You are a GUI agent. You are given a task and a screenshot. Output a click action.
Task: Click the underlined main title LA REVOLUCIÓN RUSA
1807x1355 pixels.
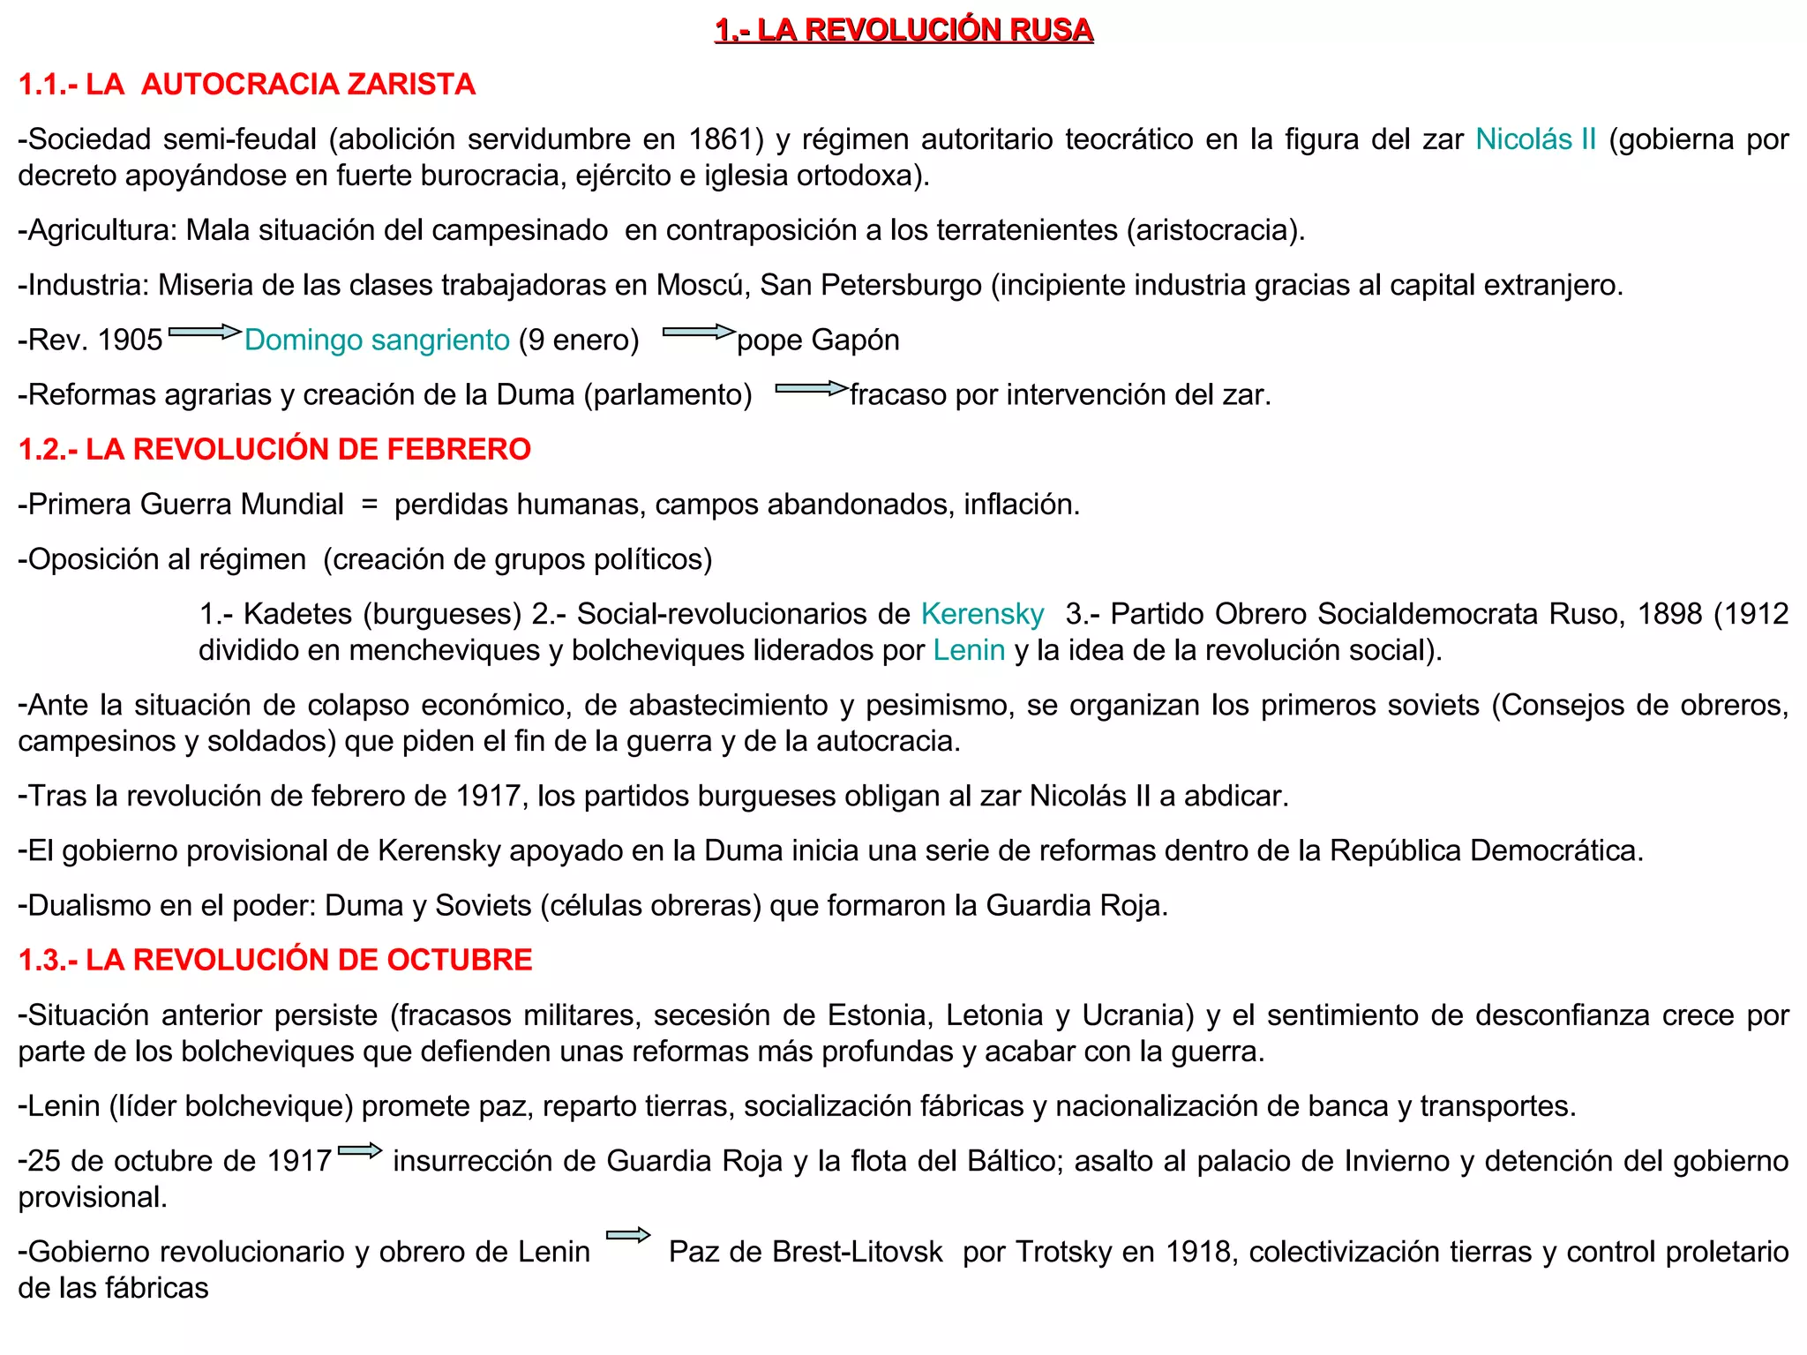[903, 30]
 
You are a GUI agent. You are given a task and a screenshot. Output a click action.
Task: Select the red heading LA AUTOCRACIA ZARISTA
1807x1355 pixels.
[246, 85]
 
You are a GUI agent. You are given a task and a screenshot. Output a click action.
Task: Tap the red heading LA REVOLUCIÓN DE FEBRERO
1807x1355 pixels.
[274, 449]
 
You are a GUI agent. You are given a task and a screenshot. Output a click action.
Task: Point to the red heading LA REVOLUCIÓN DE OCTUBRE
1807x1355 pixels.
[275, 960]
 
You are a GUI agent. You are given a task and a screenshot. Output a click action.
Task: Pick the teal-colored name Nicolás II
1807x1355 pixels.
[1535, 139]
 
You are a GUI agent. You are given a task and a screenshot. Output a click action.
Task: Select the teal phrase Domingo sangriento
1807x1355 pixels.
[377, 340]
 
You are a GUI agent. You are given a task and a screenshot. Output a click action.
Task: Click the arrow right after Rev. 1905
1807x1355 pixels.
[204, 333]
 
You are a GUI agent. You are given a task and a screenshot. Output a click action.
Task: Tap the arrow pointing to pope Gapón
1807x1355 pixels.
[698, 333]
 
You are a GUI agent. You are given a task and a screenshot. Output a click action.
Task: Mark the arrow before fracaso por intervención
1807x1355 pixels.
[811, 388]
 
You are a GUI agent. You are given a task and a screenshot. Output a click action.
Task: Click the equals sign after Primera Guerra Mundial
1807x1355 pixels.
[369, 505]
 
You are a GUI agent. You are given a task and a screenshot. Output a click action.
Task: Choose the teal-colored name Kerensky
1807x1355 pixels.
[982, 614]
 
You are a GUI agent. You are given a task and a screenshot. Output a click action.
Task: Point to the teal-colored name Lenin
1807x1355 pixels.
[969, 650]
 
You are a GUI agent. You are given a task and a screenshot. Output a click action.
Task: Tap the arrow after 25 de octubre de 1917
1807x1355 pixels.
[360, 1151]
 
